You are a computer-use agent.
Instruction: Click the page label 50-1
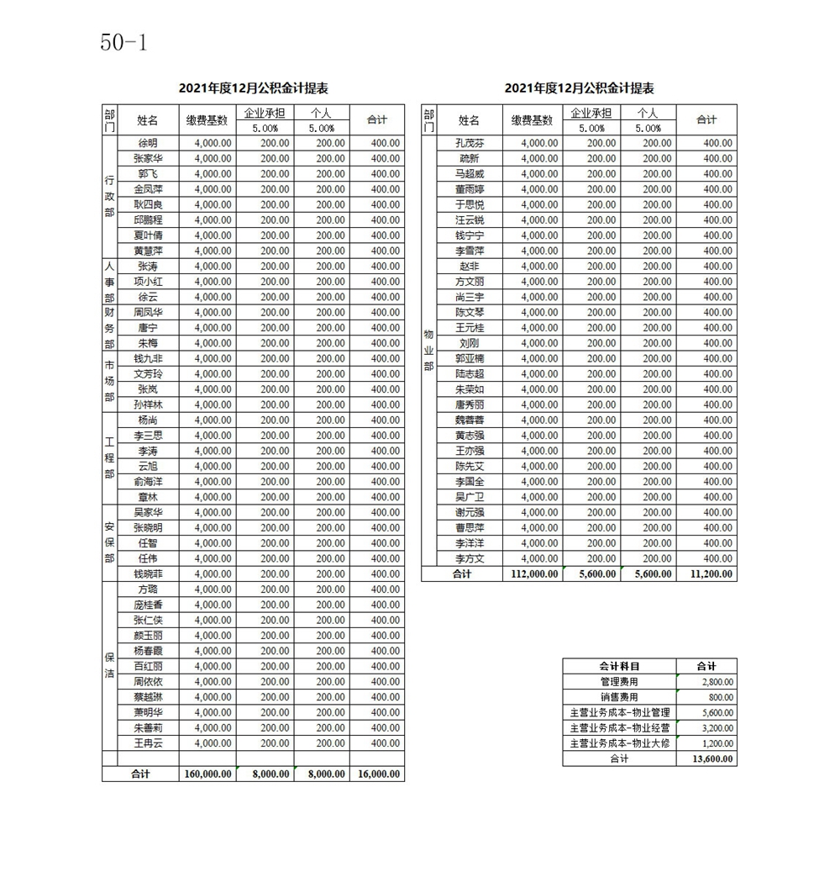click(x=123, y=43)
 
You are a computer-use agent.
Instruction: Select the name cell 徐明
click(x=148, y=143)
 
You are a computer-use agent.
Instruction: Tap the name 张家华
click(x=148, y=158)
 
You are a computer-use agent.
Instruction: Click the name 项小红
click(x=148, y=282)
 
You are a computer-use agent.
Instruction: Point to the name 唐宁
click(x=148, y=328)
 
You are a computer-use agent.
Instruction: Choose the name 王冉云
click(x=148, y=743)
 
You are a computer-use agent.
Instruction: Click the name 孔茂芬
click(x=470, y=143)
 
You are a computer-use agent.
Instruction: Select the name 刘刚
click(x=470, y=343)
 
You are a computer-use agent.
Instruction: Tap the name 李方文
click(x=470, y=558)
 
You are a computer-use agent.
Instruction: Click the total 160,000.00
click(x=207, y=774)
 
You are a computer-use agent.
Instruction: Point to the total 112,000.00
click(x=533, y=574)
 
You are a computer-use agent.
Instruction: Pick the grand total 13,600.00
click(x=713, y=758)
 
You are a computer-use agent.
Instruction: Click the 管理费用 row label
click(x=619, y=682)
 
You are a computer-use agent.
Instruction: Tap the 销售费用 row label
click(x=619, y=697)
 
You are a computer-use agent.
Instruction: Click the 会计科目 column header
click(x=619, y=666)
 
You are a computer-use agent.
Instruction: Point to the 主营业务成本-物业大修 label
click(x=619, y=743)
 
